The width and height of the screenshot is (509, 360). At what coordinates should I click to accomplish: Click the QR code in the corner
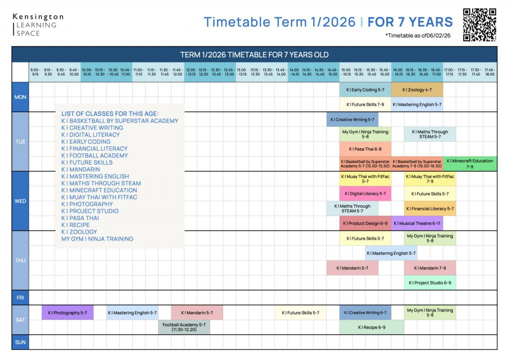[x=480, y=24]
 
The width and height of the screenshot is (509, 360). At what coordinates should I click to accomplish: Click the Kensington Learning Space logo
[x=38, y=25]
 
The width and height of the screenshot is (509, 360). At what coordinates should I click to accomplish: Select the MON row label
[x=20, y=97]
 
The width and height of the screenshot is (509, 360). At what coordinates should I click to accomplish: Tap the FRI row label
[x=20, y=297]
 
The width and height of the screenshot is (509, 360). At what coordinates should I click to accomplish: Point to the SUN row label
[x=20, y=342]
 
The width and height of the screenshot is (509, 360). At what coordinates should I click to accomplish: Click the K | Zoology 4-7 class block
[x=417, y=90]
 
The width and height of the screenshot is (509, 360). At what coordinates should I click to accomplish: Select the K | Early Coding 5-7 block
[x=365, y=90]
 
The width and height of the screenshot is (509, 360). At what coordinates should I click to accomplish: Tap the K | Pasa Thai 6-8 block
[x=365, y=149]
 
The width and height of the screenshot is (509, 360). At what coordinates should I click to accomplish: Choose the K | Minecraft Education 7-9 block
[x=470, y=164]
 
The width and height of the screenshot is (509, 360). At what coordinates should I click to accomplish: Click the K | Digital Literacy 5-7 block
[x=365, y=193]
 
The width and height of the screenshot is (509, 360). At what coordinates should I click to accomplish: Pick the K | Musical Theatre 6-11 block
[x=417, y=223]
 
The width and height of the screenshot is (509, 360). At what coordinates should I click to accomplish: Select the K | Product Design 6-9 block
[x=365, y=223]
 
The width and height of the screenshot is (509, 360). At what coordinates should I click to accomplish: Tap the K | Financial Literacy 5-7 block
[x=429, y=209]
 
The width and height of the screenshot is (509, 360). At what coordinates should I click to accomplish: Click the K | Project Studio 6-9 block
[x=429, y=282]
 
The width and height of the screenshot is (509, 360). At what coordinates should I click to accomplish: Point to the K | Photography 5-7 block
[x=68, y=313]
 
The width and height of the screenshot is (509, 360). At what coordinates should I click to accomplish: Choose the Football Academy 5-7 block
[x=184, y=327]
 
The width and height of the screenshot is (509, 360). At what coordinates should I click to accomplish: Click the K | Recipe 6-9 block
[x=372, y=327]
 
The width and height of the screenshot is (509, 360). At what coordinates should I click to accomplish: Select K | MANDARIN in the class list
[x=81, y=170]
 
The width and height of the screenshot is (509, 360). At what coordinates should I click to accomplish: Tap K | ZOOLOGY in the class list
[x=79, y=232]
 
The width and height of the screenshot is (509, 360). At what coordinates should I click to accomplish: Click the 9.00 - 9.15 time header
[x=35, y=72]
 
